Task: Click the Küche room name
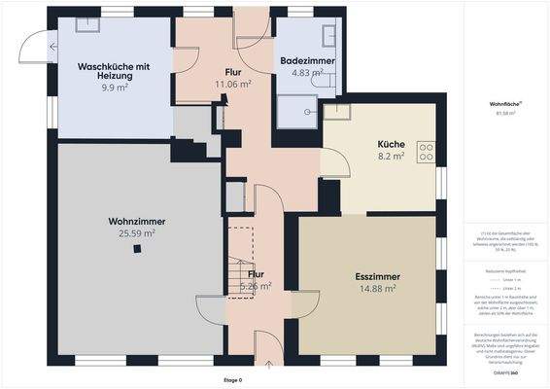click(x=392, y=144)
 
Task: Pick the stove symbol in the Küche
click(x=426, y=152)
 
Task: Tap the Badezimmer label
click(x=307, y=60)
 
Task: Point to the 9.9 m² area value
click(x=115, y=86)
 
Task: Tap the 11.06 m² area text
click(x=233, y=85)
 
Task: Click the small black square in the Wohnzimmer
click(x=137, y=248)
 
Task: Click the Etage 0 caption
click(x=234, y=380)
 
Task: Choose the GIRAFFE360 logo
click(x=504, y=371)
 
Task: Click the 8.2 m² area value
click(x=391, y=156)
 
